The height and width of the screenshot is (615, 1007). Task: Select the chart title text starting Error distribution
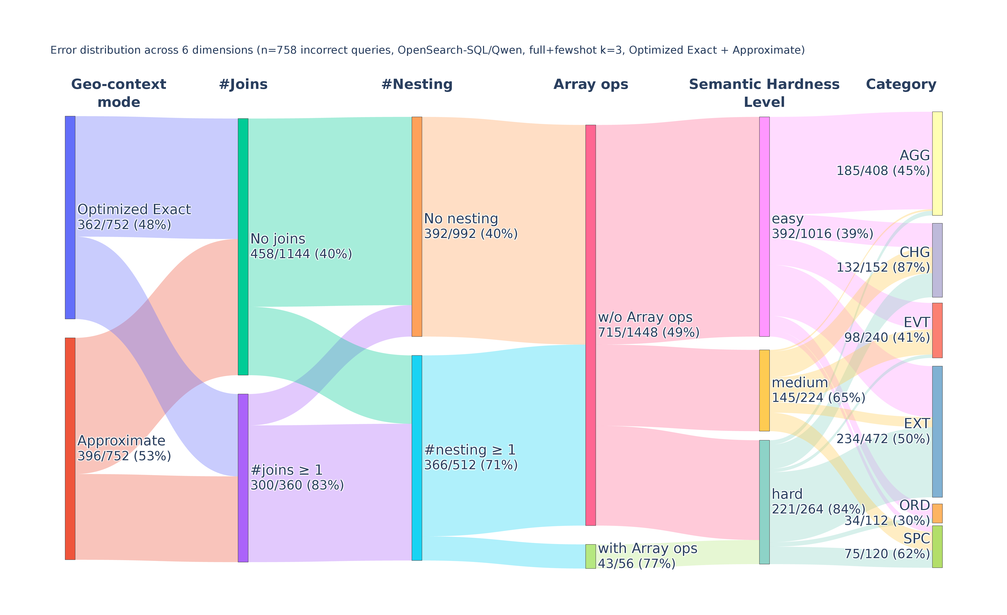click(428, 50)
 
